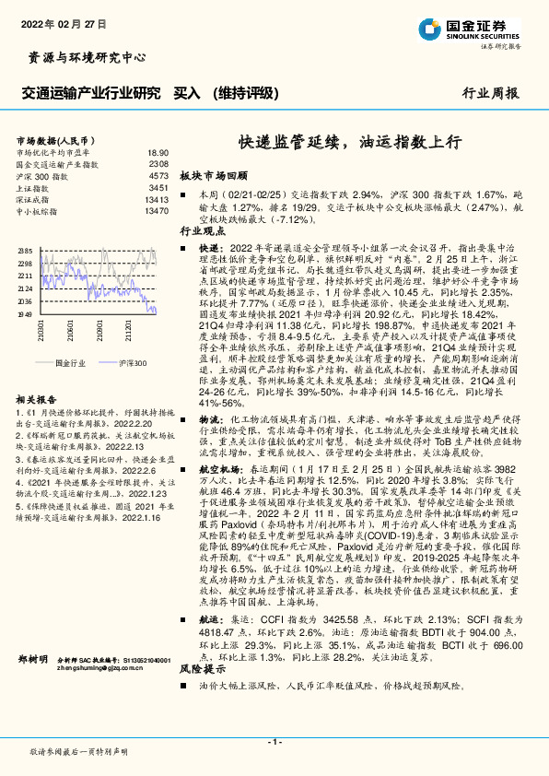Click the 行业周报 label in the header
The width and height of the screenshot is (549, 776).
pyautogui.click(x=490, y=93)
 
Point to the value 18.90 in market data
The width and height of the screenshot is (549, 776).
pyautogui.click(x=158, y=152)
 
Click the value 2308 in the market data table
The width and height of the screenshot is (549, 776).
pyautogui.click(x=158, y=163)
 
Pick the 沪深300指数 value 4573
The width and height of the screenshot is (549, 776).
pyautogui.click(x=158, y=175)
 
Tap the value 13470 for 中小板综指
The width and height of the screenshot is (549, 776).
pyautogui.click(x=156, y=211)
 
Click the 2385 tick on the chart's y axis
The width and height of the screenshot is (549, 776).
pyautogui.click(x=24, y=251)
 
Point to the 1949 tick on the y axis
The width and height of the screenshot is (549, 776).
pyautogui.click(x=24, y=314)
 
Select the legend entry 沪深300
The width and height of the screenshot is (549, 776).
pyautogui.click(x=133, y=363)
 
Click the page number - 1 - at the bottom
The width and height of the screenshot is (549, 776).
pyautogui.click(x=274, y=742)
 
